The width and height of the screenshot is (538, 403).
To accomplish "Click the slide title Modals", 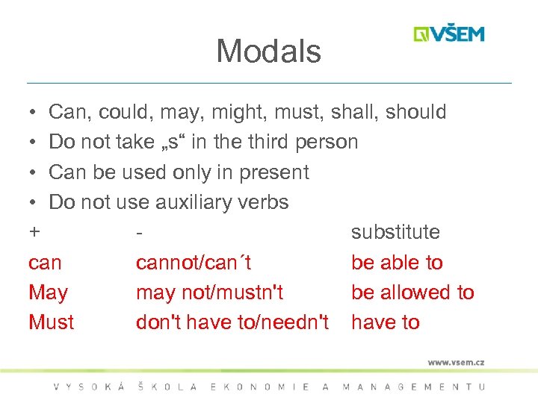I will click(x=268, y=51).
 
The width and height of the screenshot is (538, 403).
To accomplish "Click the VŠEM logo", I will click(x=449, y=34).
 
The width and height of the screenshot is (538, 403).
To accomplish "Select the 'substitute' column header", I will click(x=395, y=232).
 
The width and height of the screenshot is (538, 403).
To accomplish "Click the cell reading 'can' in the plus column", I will click(x=45, y=263).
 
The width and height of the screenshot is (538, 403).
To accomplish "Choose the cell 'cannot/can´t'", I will click(x=194, y=263).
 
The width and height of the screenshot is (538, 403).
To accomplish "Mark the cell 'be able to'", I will click(x=397, y=263).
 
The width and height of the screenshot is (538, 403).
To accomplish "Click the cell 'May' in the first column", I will click(x=48, y=293).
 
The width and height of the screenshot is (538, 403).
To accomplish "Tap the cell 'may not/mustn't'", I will click(x=209, y=293).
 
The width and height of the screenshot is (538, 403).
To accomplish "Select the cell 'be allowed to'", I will click(x=412, y=293).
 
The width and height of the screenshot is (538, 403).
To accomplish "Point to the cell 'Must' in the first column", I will click(x=51, y=322).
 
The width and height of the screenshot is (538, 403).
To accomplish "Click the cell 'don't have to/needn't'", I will click(x=232, y=322).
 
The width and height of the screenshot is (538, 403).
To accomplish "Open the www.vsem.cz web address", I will click(x=456, y=362).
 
